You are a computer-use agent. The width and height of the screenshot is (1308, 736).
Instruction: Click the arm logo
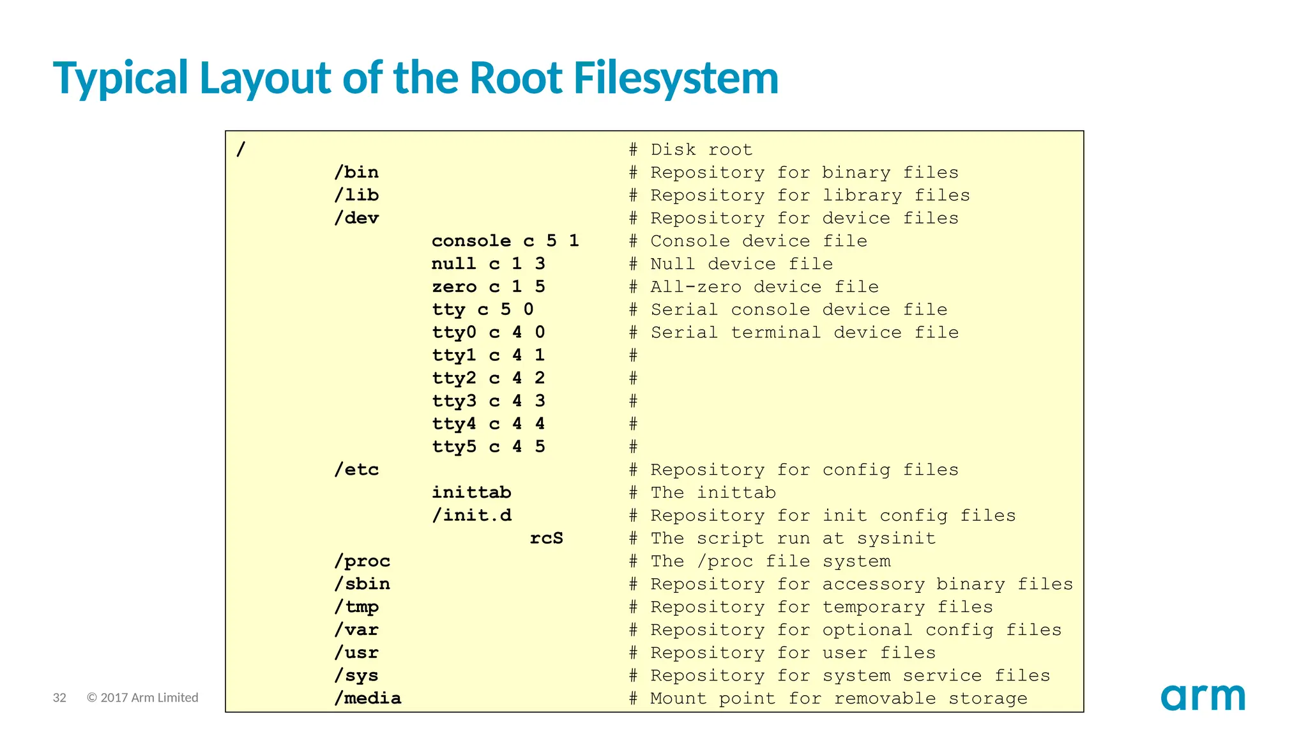click(x=1203, y=697)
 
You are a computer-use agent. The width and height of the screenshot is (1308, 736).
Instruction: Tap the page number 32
click(x=59, y=698)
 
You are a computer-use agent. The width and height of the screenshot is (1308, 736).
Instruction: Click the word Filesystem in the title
click(x=676, y=78)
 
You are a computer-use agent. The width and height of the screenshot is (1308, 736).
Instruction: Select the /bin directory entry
click(x=356, y=172)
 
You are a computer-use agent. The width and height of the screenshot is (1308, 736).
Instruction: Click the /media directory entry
click(x=368, y=698)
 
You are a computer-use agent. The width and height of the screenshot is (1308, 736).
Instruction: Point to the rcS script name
click(x=546, y=539)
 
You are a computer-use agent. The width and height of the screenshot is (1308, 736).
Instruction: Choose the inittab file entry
click(x=471, y=493)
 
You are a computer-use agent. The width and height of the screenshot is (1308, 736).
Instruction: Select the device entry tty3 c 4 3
click(x=489, y=401)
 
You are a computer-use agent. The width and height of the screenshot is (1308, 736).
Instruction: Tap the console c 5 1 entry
click(x=505, y=241)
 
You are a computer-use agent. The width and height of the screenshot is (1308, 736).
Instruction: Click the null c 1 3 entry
click(x=489, y=264)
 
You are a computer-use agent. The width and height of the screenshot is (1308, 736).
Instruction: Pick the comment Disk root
click(x=701, y=150)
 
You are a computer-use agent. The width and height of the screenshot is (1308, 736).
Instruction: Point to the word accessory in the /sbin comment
click(x=873, y=584)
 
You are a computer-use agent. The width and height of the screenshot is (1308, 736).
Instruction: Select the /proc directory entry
click(x=362, y=562)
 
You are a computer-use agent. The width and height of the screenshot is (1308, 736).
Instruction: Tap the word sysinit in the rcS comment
click(x=896, y=539)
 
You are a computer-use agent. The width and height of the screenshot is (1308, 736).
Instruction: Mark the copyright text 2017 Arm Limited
click(x=142, y=698)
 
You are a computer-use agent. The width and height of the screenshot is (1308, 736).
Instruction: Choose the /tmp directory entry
click(x=356, y=607)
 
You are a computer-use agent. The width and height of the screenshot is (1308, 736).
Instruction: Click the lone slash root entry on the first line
click(x=241, y=150)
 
